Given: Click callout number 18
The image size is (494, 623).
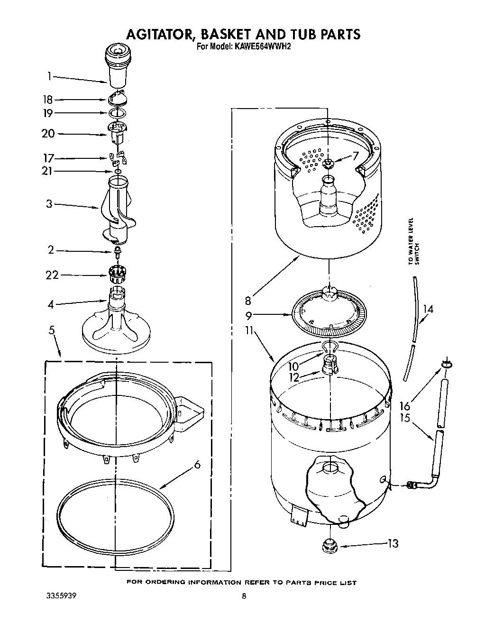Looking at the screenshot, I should coord(47,100).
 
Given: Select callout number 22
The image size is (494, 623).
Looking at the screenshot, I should coord(52,275).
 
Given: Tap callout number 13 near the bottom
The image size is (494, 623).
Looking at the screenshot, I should coord(393,544).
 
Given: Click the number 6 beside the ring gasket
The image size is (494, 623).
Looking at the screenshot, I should coord(197,465).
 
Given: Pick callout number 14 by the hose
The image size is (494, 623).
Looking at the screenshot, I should coord(428,310).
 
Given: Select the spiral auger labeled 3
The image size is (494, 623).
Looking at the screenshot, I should coord(116,209).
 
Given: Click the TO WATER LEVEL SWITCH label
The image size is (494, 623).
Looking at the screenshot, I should coord(413,247).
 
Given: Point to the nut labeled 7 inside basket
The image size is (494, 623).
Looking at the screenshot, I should coord(329,164).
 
